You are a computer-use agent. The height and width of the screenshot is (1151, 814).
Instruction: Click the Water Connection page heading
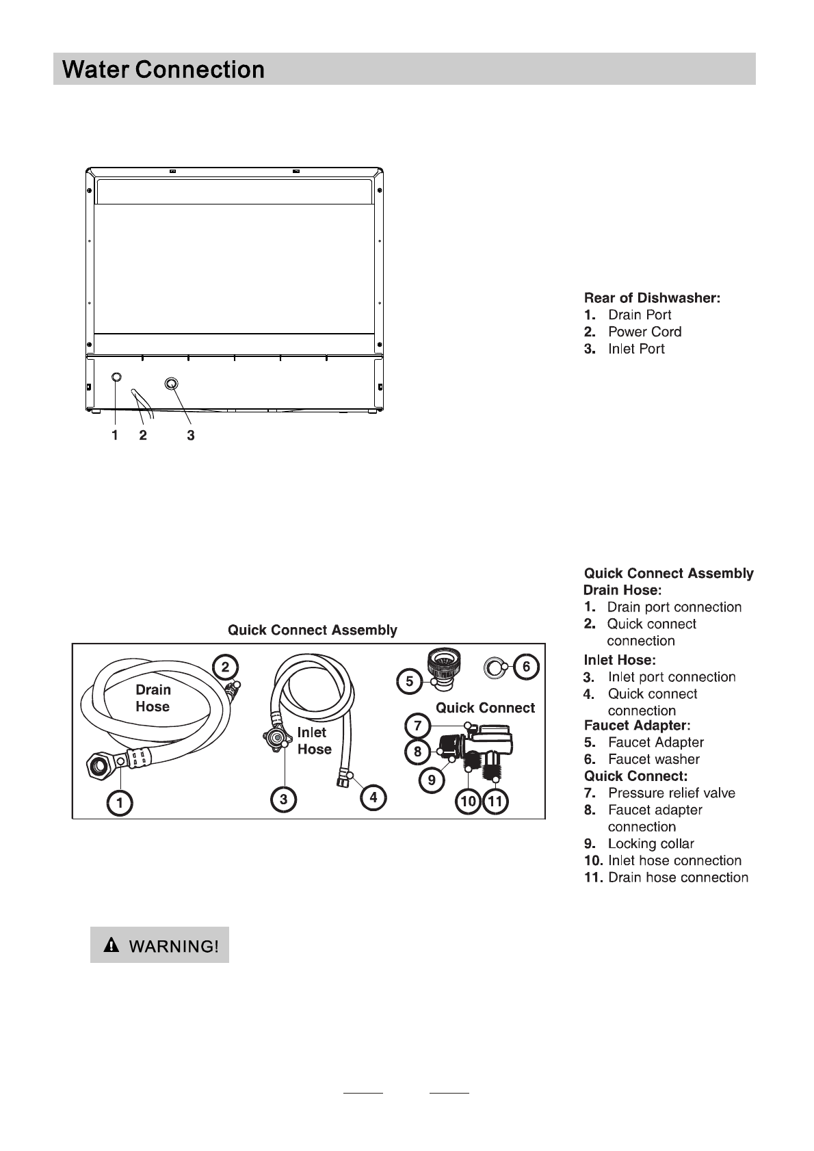point(163,70)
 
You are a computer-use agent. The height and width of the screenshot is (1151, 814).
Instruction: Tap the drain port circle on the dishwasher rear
point(116,378)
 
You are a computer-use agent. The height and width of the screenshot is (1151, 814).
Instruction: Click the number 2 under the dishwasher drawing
point(143,435)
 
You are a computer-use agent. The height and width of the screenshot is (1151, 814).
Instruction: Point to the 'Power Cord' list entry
point(644,332)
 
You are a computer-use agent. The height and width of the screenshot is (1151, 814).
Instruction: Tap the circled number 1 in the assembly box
point(120,804)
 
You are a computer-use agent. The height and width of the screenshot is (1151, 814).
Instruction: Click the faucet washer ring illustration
point(493,666)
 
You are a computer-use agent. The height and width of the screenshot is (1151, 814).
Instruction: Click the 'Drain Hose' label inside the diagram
point(153,698)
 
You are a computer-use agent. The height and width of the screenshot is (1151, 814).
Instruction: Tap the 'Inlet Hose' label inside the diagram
point(314,741)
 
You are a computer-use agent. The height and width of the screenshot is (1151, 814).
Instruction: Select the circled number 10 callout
point(469,802)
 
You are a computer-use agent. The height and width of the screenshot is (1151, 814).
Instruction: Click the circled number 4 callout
point(373,797)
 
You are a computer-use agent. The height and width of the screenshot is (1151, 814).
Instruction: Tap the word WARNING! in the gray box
point(174,947)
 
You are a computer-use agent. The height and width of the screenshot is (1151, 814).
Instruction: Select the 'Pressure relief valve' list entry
point(671,793)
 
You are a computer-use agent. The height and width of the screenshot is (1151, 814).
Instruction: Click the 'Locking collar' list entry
point(651,844)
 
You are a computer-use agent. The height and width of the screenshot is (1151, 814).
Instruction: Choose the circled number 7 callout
point(417,725)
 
